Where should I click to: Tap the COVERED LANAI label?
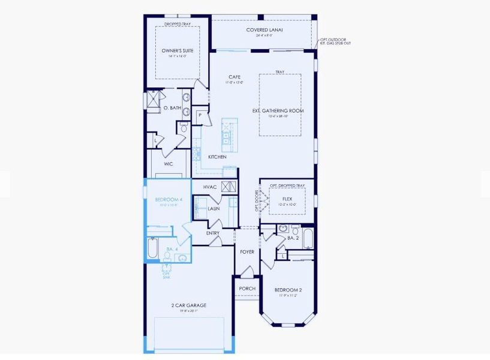tap(264, 30)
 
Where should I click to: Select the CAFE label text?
tap(235, 77)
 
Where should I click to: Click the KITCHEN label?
tap(217, 157)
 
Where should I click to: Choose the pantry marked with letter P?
tap(199, 115)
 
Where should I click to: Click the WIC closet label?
tap(169, 164)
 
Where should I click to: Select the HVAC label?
tap(210, 187)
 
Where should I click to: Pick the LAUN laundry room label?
tap(214, 208)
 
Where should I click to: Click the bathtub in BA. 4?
tap(153, 248)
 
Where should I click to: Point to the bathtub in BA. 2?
tap(308, 239)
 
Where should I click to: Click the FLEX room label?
tap(287, 197)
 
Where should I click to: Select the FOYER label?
tap(247, 252)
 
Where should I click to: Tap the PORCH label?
tap(246, 289)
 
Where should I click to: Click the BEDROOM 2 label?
tap(287, 290)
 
